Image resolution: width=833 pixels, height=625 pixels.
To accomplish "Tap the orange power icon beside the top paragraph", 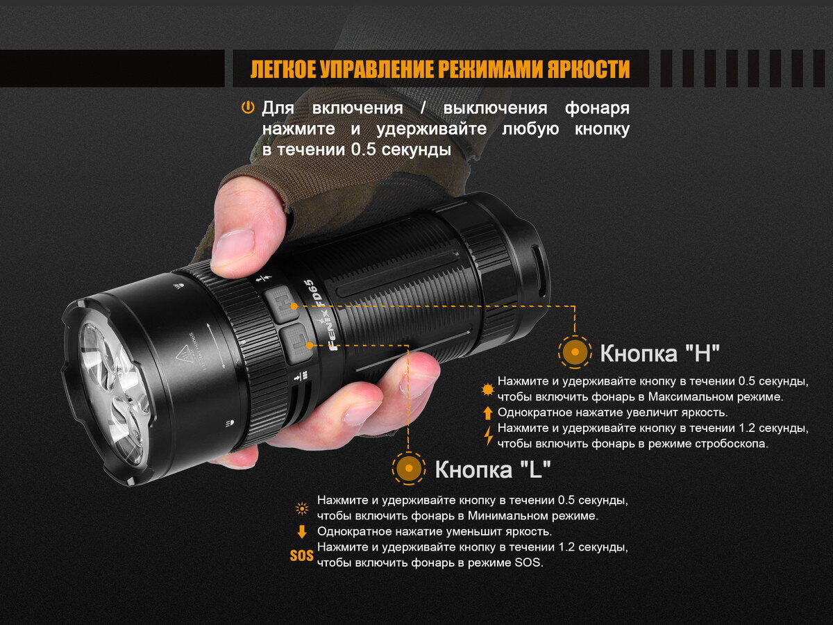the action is pyautogui.click(x=247, y=108).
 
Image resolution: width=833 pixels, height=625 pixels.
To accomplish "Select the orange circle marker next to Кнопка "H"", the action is pyautogui.click(x=575, y=352).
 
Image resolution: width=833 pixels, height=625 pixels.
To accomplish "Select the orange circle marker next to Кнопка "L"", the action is pyautogui.click(x=409, y=468).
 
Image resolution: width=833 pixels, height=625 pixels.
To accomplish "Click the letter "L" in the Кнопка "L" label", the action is pyautogui.click(x=535, y=469).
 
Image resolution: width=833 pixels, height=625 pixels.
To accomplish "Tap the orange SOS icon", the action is pyautogui.click(x=302, y=556).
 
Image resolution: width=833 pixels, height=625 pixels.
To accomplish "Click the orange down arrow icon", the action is pyautogui.click(x=302, y=532).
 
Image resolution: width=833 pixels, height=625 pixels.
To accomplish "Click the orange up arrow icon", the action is pyautogui.click(x=488, y=413).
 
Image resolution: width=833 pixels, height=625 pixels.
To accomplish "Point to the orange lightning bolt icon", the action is pyautogui.click(x=489, y=435).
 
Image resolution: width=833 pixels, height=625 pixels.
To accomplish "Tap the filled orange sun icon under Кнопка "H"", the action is pyautogui.click(x=487, y=390).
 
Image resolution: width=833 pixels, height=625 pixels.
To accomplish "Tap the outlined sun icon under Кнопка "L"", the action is pyautogui.click(x=302, y=508).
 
